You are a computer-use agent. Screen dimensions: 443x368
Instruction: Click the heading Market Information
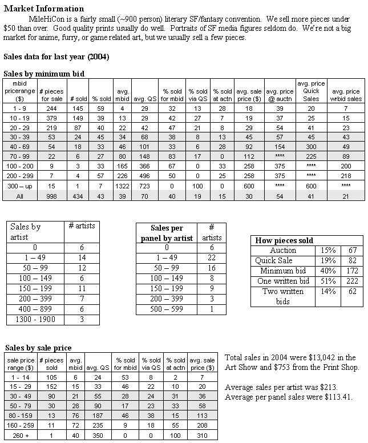[44, 9]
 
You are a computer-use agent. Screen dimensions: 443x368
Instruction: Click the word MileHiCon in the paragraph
[52, 18]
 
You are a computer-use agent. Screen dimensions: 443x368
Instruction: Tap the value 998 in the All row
[48, 196]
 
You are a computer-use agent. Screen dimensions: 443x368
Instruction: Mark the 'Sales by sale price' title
[38, 348]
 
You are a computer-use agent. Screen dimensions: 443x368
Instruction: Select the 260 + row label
[20, 436]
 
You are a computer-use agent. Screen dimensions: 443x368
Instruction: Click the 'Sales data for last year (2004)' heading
[56, 57]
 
